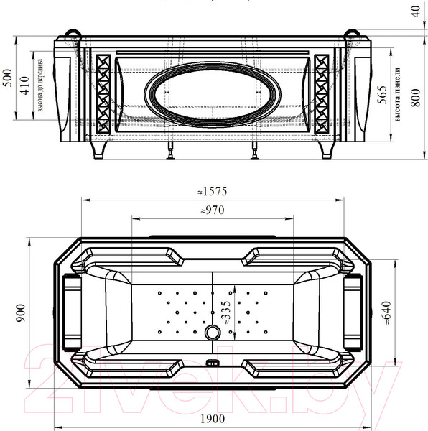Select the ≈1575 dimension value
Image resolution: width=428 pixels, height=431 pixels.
213,192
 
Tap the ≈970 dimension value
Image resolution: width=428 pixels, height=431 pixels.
213,210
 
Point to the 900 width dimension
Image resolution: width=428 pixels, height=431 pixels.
21,313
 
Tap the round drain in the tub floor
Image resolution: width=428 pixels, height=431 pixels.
213,333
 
